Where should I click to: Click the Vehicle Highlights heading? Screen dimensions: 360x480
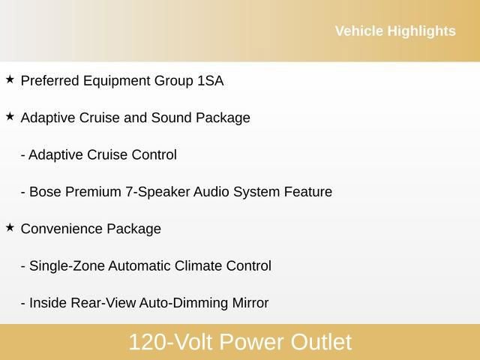(x=394, y=31)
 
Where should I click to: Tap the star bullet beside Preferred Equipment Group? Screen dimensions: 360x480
(x=10, y=79)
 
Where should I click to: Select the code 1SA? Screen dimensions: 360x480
(x=210, y=80)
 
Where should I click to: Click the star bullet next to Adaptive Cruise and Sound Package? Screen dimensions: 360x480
(x=10, y=116)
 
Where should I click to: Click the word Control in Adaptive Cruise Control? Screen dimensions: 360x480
(x=154, y=154)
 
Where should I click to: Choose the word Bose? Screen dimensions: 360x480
(x=45, y=191)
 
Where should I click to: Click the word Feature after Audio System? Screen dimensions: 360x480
(x=307, y=191)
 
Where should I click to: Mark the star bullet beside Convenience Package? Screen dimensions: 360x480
(x=10, y=227)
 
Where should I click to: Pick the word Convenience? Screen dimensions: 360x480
(x=61, y=229)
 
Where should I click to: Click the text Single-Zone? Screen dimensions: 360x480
(x=67, y=265)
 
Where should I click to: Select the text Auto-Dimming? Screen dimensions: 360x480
(x=179, y=303)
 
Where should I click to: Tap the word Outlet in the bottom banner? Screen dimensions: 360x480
(x=320, y=342)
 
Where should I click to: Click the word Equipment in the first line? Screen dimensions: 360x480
(x=115, y=81)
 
